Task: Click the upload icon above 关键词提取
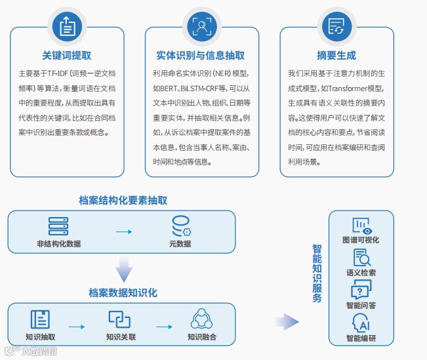(66, 26)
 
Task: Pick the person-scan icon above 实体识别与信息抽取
(200, 26)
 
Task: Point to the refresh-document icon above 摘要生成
(336, 26)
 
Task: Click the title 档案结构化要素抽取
(123, 200)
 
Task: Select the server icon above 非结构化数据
(58, 226)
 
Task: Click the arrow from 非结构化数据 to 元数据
(123, 231)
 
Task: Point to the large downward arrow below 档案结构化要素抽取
(123, 270)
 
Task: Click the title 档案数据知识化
(123, 292)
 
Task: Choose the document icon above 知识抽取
(40, 319)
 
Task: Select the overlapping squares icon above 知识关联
(120, 319)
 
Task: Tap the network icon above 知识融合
(201, 319)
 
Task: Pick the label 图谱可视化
(361, 240)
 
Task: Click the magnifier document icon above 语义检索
(361, 258)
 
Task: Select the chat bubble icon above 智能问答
(361, 289)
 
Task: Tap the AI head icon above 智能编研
(361, 323)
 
